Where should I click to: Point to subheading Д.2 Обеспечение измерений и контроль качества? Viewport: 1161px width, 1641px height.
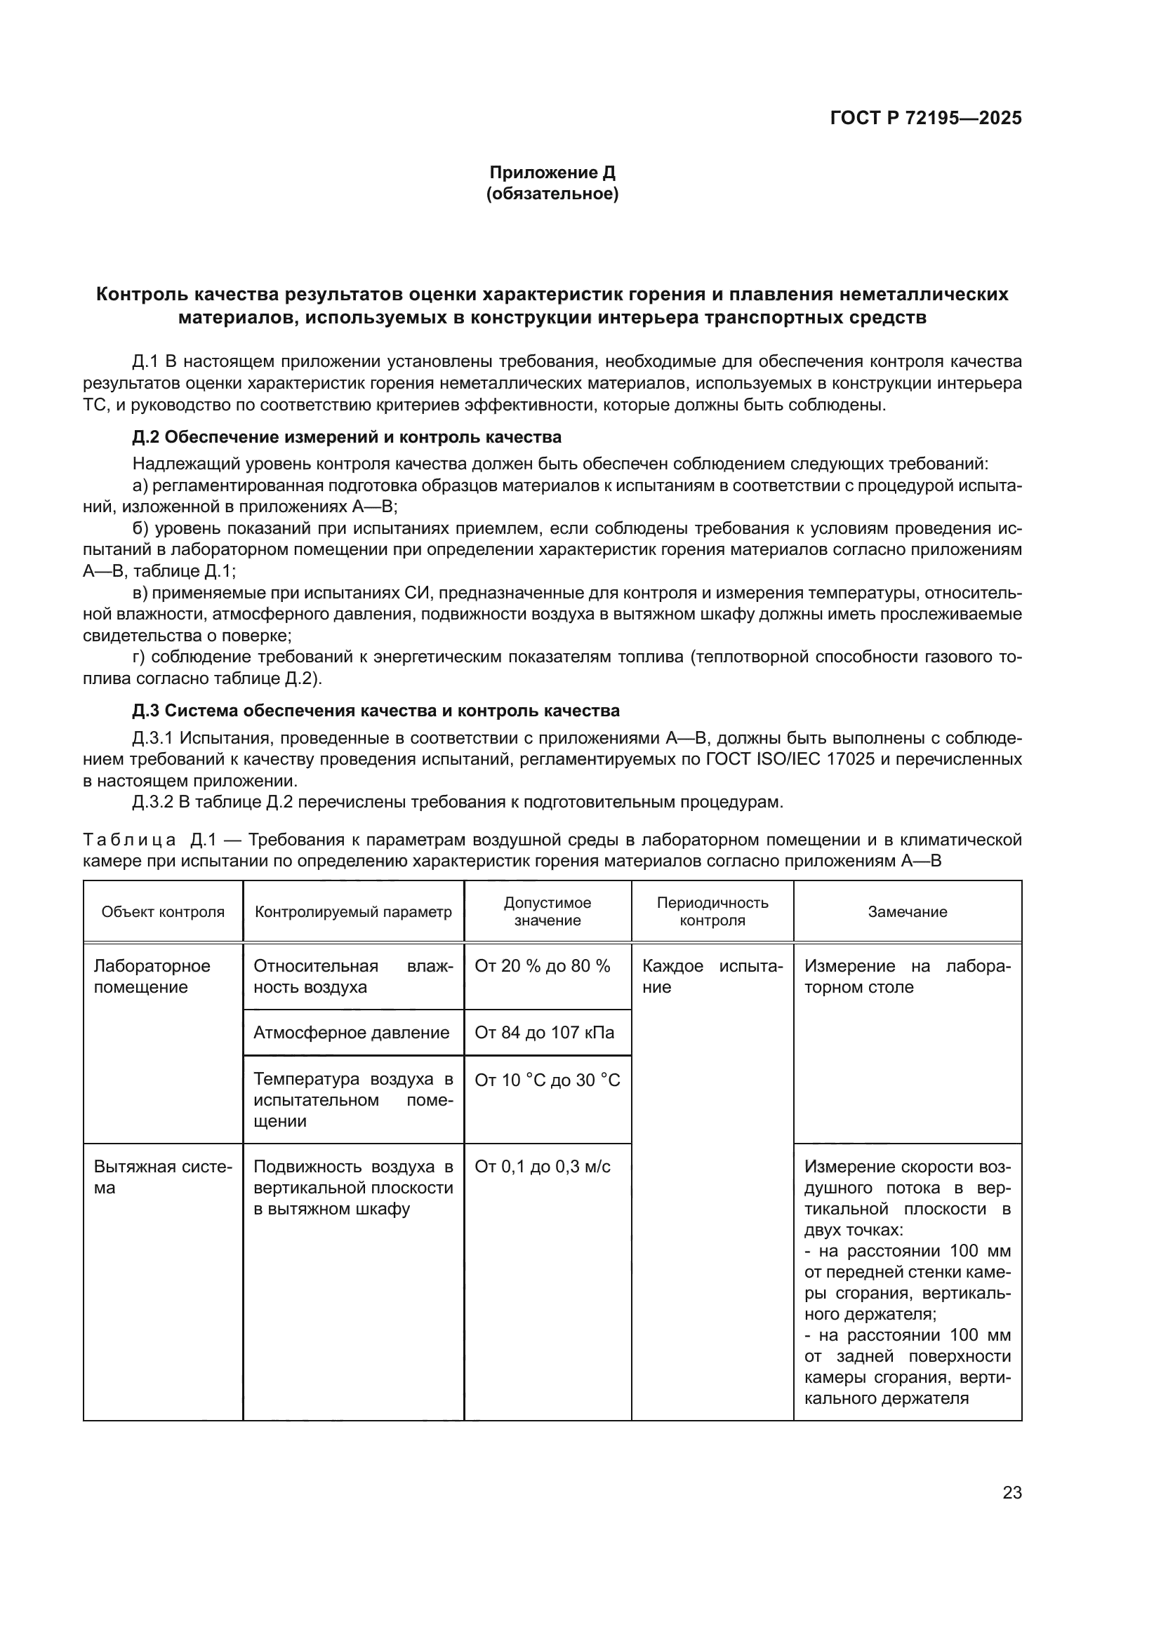click(x=347, y=436)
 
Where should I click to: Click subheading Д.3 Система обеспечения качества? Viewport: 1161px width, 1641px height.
click(x=376, y=711)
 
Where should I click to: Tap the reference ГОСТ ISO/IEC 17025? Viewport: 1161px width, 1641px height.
click(x=796, y=759)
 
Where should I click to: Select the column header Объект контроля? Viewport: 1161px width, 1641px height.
click(x=163, y=912)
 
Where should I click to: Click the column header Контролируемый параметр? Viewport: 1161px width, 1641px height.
click(x=353, y=912)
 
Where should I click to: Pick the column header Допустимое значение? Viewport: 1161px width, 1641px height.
click(x=548, y=911)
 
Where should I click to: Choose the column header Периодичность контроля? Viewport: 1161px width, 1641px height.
click(x=712, y=911)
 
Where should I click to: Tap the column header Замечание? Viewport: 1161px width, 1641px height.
click(x=906, y=912)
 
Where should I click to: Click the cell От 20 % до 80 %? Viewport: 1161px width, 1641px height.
click(x=542, y=966)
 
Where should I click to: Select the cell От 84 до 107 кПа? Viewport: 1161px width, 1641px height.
click(x=544, y=1033)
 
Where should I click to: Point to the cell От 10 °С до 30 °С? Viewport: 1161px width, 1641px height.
click(x=547, y=1080)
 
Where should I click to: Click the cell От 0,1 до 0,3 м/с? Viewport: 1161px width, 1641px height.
click(x=542, y=1167)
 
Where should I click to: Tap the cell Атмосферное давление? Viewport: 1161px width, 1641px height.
click(x=351, y=1033)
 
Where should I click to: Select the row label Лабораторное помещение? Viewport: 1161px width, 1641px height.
click(x=152, y=977)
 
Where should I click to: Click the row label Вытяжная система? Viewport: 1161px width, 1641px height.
click(x=162, y=1177)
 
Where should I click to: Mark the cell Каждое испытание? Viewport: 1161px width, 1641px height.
click(x=712, y=977)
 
